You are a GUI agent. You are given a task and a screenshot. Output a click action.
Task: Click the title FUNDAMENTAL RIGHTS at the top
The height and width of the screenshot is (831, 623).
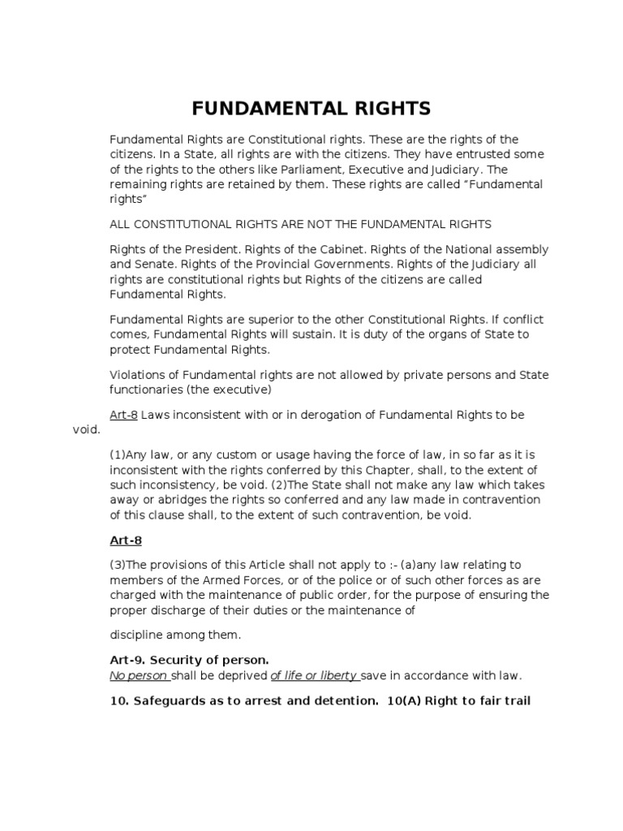[x=311, y=109]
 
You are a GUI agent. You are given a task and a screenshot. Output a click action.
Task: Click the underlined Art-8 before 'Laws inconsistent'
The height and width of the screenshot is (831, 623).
[x=124, y=415]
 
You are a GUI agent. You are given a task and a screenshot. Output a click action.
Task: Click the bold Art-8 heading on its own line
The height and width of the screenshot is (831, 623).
[x=126, y=540]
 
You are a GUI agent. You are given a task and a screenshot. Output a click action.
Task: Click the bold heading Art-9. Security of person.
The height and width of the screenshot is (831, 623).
[x=188, y=661]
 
